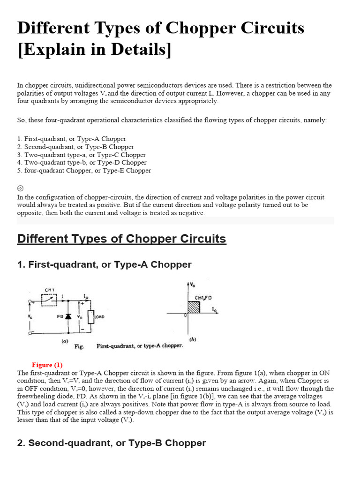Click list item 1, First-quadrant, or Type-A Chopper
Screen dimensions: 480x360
pos(72,139)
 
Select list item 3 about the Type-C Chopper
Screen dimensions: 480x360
pos(82,155)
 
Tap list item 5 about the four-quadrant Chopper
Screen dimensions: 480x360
pos(84,171)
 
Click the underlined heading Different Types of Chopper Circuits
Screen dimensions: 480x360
pos(121,239)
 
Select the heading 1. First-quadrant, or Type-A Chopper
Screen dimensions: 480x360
pos(104,265)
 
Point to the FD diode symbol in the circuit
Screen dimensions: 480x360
pos(68,317)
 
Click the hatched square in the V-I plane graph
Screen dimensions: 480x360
pos(194,308)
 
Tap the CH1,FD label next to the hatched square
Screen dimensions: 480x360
pos(203,298)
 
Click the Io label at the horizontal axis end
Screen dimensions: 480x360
pos(214,310)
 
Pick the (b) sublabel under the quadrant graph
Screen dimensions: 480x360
pos(192,338)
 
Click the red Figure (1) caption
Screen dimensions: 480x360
pos(47,365)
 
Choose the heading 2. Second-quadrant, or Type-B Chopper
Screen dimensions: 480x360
pos(112,443)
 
